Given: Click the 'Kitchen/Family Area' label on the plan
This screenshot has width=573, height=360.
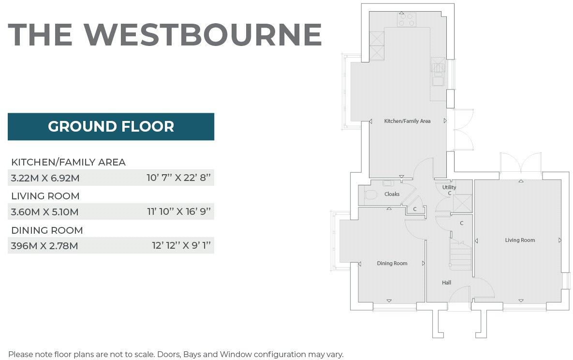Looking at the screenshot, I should click(407, 121).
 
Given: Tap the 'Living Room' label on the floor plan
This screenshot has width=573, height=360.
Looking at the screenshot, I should click(520, 240).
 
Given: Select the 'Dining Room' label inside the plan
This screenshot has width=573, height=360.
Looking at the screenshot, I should click(392, 264).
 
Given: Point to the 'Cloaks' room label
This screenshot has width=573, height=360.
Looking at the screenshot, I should click(392, 194).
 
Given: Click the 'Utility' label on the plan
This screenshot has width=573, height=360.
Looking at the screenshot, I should click(449, 187).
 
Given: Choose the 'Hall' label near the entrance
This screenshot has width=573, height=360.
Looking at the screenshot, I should click(446, 283).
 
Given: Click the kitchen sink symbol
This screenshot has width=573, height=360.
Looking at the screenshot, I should click(438, 68).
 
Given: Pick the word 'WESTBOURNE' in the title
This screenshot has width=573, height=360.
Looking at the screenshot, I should click(203, 34).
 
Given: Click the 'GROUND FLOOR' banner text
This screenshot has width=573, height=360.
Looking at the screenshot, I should click(111, 127).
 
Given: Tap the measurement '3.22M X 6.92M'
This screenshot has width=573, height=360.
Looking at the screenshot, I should click(45, 178).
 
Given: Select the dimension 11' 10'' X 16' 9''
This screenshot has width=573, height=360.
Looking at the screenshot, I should click(179, 212).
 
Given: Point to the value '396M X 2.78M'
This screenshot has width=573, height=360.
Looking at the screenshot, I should click(44, 246).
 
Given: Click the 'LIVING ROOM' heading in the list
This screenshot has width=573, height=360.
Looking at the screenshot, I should click(45, 196).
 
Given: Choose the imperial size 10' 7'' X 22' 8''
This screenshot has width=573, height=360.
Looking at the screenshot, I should click(179, 178).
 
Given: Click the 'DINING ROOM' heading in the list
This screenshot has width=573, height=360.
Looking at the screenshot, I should click(47, 230).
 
